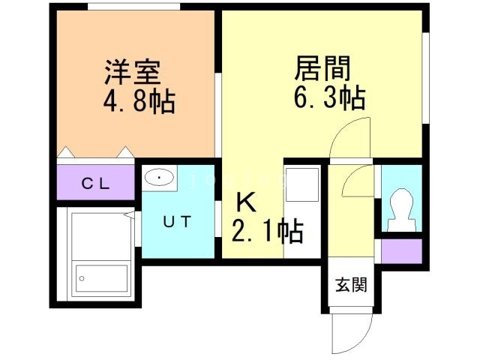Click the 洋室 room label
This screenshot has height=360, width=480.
coord(132,73)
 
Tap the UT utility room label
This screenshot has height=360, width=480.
coord(178,220)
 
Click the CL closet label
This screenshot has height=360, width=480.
coord(96,183)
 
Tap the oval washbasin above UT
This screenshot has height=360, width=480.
coord(159,178)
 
